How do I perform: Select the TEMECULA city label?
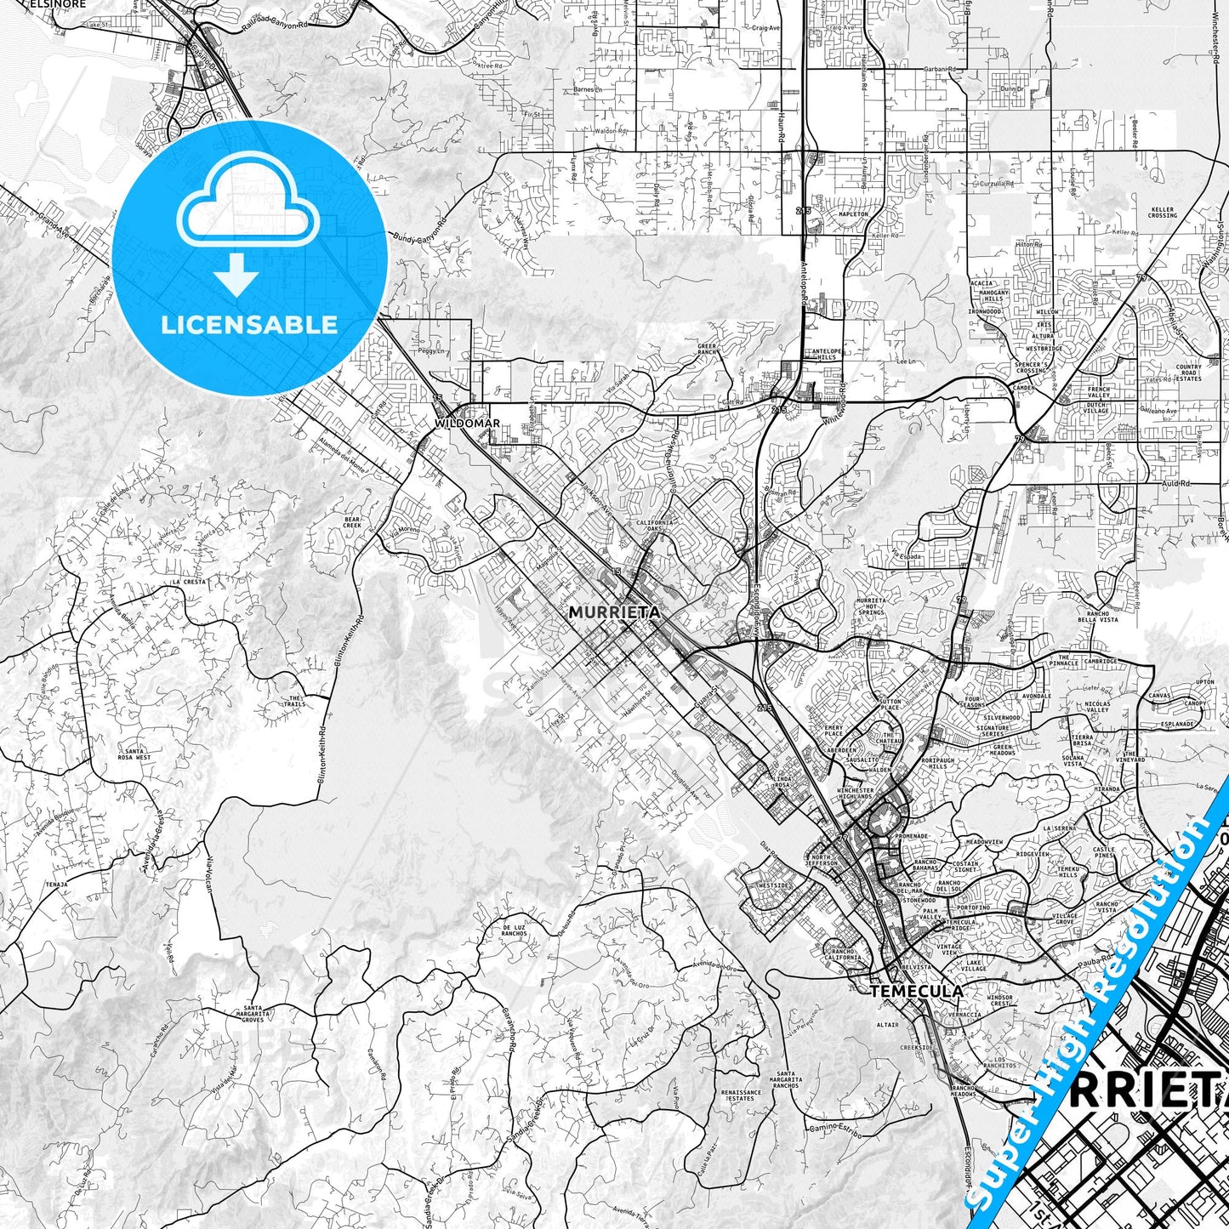[x=917, y=992]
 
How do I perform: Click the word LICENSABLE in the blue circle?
[x=250, y=325]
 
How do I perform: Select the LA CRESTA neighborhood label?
[x=188, y=583]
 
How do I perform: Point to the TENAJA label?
[x=57, y=884]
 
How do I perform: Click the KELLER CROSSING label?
[x=1163, y=213]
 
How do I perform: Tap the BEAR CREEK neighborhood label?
[x=353, y=522]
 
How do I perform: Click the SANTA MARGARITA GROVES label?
[x=256, y=1013]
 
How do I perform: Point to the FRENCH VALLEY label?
[x=1098, y=392]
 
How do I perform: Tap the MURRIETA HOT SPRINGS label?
[x=871, y=606]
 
